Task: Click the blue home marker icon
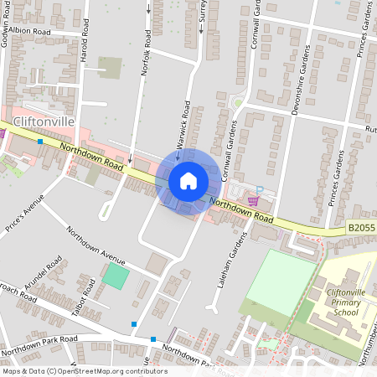[188, 181]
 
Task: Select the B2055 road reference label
[361, 228]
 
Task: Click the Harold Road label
[84, 53]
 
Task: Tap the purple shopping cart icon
[253, 201]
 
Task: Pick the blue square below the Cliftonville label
[39, 142]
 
